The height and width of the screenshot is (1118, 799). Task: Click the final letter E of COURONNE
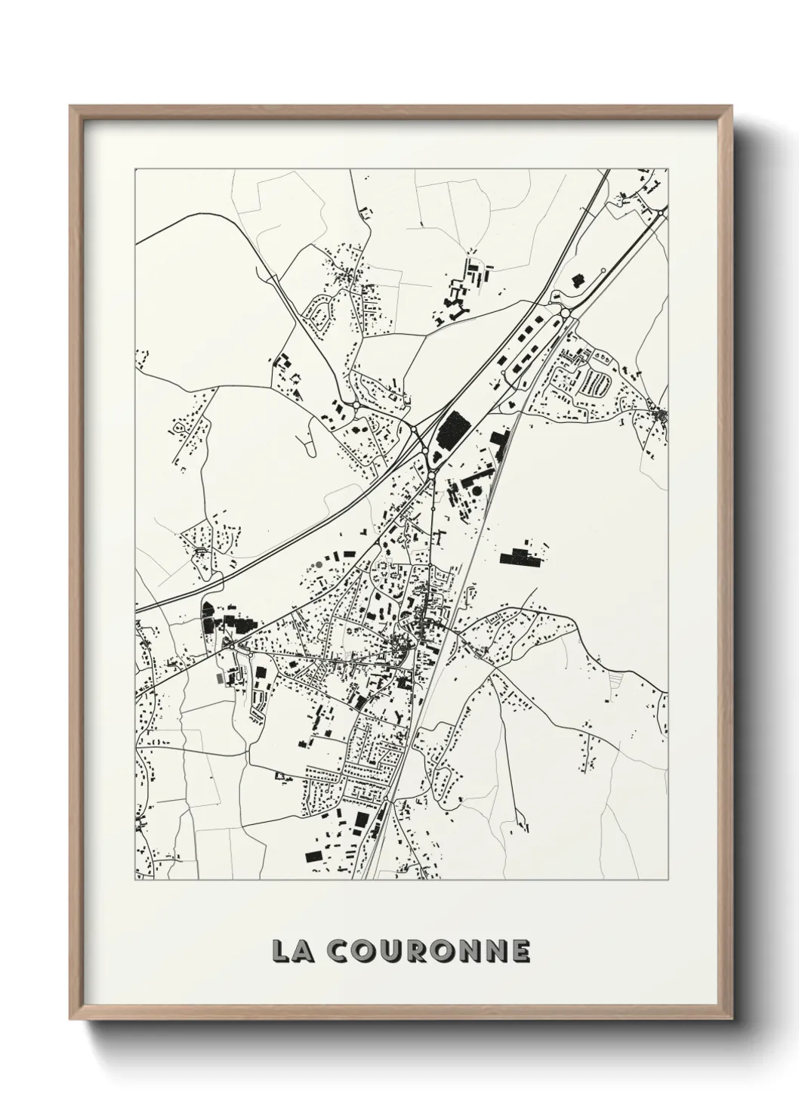pyautogui.click(x=520, y=951)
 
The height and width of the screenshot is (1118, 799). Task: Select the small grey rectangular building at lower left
pyautogui.click(x=220, y=678)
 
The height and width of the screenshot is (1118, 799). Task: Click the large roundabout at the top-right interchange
pyautogui.click(x=564, y=313)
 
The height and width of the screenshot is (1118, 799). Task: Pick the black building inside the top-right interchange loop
pyautogui.click(x=578, y=280)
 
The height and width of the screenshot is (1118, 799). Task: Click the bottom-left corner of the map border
pyautogui.click(x=134, y=880)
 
